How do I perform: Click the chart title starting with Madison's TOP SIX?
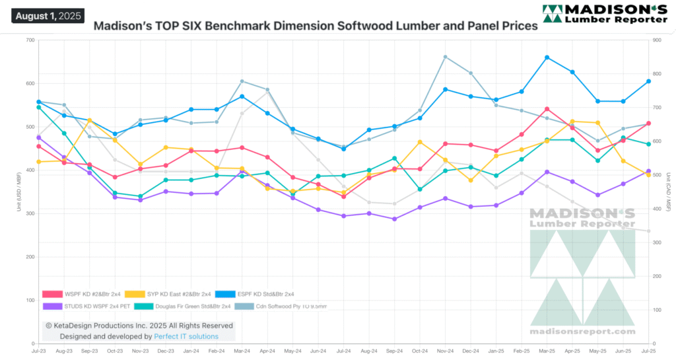click(316, 27)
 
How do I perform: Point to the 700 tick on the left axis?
click(30, 40)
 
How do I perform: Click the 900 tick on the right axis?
click(657, 40)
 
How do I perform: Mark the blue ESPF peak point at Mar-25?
click(547, 57)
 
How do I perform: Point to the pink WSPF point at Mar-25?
click(547, 109)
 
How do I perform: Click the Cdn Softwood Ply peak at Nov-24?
click(445, 57)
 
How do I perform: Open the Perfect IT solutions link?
click(186, 336)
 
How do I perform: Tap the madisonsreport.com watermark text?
click(583, 331)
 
